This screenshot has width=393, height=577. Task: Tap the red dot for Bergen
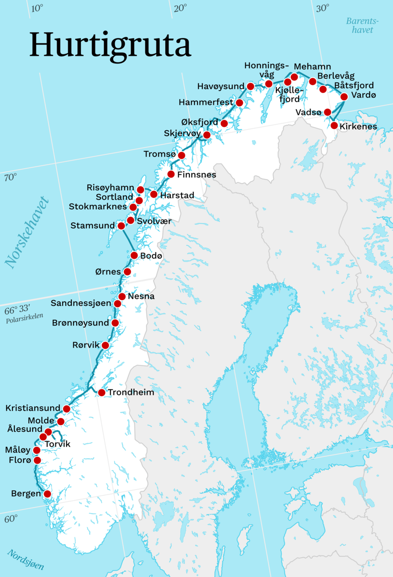click(47, 494)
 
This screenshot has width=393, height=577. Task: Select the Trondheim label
click(131, 392)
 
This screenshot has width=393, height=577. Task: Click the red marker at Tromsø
click(182, 155)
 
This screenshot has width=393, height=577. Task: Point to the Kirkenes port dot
click(334, 125)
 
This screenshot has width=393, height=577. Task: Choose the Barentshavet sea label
click(362, 25)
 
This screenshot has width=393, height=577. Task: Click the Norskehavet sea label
click(27, 232)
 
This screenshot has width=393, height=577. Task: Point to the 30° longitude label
click(322, 8)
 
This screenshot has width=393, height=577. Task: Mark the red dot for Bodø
click(134, 255)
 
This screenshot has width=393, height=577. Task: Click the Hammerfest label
click(206, 102)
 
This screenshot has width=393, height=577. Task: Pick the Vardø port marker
click(344, 97)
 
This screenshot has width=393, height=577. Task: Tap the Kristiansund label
click(33, 408)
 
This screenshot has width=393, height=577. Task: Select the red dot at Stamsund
click(121, 226)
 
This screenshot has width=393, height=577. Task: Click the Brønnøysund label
click(80, 323)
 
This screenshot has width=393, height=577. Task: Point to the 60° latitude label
click(11, 519)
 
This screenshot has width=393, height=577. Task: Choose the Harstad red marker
click(154, 194)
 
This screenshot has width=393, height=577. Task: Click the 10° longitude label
click(37, 8)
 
